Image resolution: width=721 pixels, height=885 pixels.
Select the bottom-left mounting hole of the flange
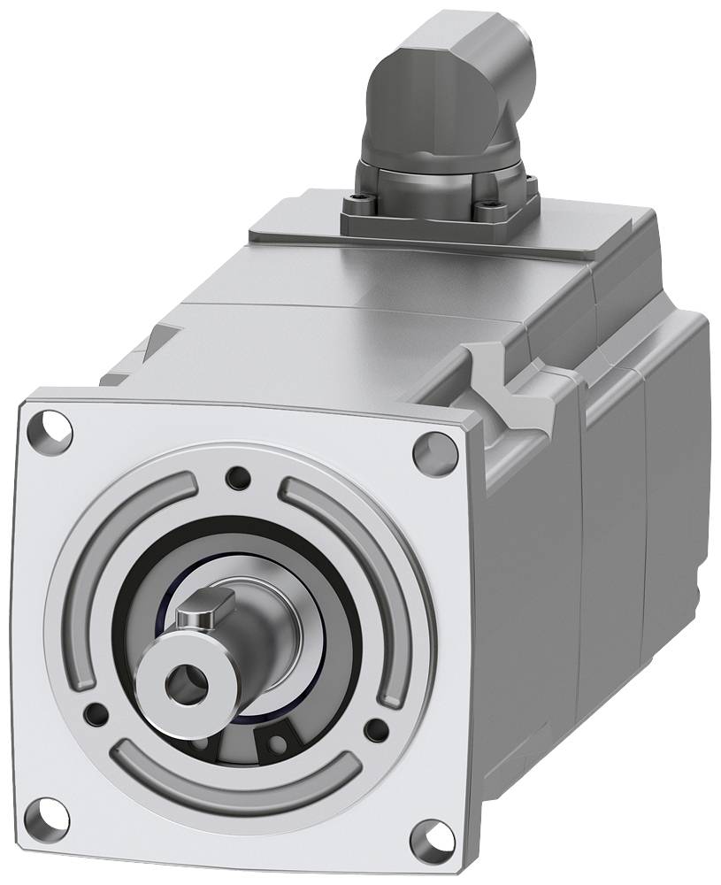tap(50, 815)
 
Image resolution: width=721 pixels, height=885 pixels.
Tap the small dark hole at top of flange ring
tap(237, 478)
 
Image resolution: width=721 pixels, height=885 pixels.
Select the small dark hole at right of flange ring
tap(376, 729)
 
